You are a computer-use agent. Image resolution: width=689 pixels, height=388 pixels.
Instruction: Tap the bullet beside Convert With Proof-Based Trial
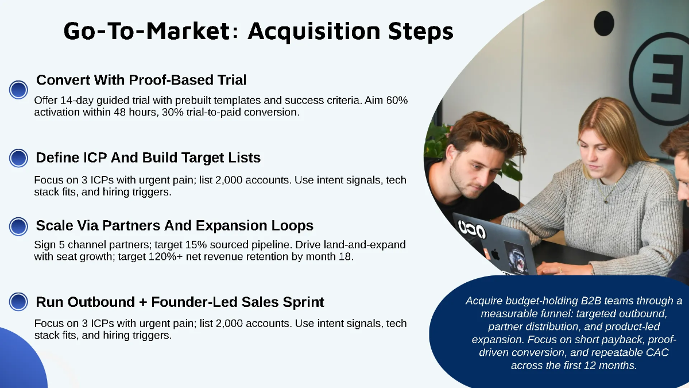pyautogui.click(x=19, y=90)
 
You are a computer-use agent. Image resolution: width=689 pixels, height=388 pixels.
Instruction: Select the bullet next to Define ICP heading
pyautogui.click(x=19, y=158)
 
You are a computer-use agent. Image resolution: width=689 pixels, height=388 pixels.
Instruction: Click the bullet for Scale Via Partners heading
pyautogui.click(x=19, y=226)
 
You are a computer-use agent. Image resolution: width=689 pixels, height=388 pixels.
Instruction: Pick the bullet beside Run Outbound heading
pyautogui.click(x=19, y=302)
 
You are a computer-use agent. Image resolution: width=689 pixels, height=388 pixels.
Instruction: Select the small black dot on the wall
pyautogui.click(x=603, y=24)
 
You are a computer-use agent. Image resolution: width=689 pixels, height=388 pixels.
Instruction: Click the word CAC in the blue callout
pyautogui.click(x=656, y=352)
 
